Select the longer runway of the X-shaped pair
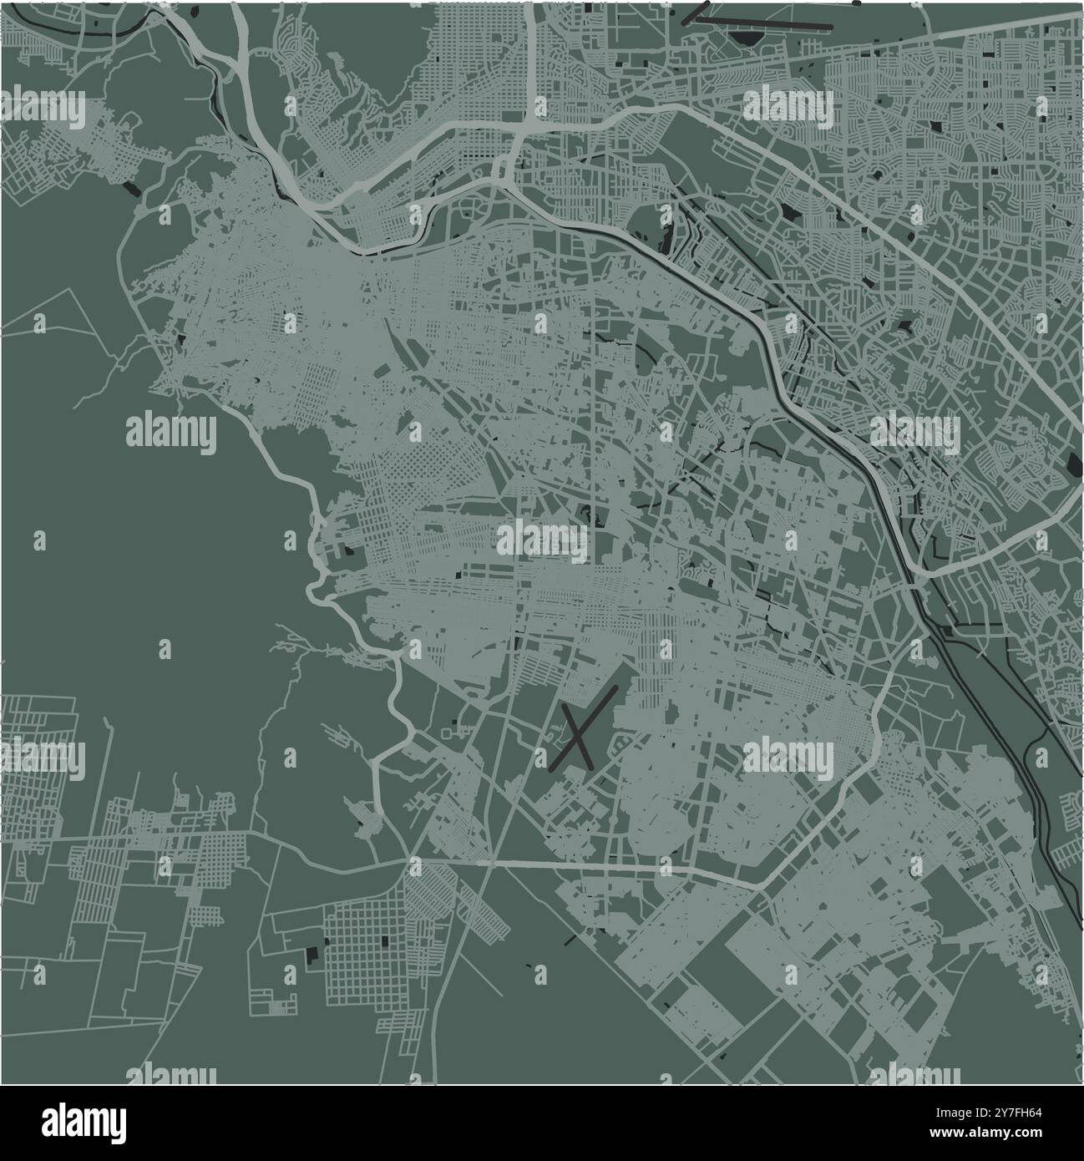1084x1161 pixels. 585,727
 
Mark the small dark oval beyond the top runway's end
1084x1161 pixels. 857,4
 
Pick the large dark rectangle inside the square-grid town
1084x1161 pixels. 385,940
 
